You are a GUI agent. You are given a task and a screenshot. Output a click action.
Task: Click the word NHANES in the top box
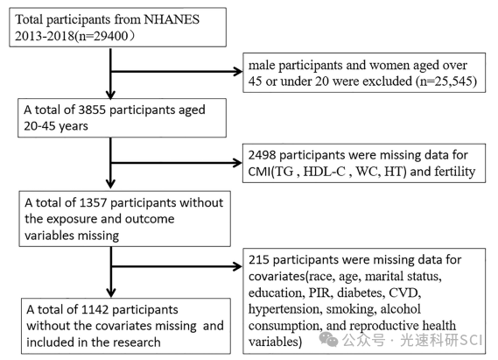click(172, 19)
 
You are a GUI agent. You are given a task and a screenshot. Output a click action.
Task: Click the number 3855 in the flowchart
click(92, 109)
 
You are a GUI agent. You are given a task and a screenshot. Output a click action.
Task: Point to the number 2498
click(262, 155)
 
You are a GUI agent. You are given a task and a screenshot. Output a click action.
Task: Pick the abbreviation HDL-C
click(325, 172)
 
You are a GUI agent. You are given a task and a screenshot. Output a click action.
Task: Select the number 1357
click(93, 202)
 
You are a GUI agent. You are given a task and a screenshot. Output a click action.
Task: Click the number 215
click(259, 260)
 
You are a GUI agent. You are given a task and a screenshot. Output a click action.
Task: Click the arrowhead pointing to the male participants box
click(238, 72)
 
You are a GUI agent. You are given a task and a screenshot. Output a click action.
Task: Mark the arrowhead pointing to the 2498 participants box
click(237, 163)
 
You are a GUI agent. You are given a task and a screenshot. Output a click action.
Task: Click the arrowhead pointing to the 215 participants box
click(237, 266)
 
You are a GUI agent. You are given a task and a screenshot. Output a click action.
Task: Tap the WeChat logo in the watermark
click(329, 339)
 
